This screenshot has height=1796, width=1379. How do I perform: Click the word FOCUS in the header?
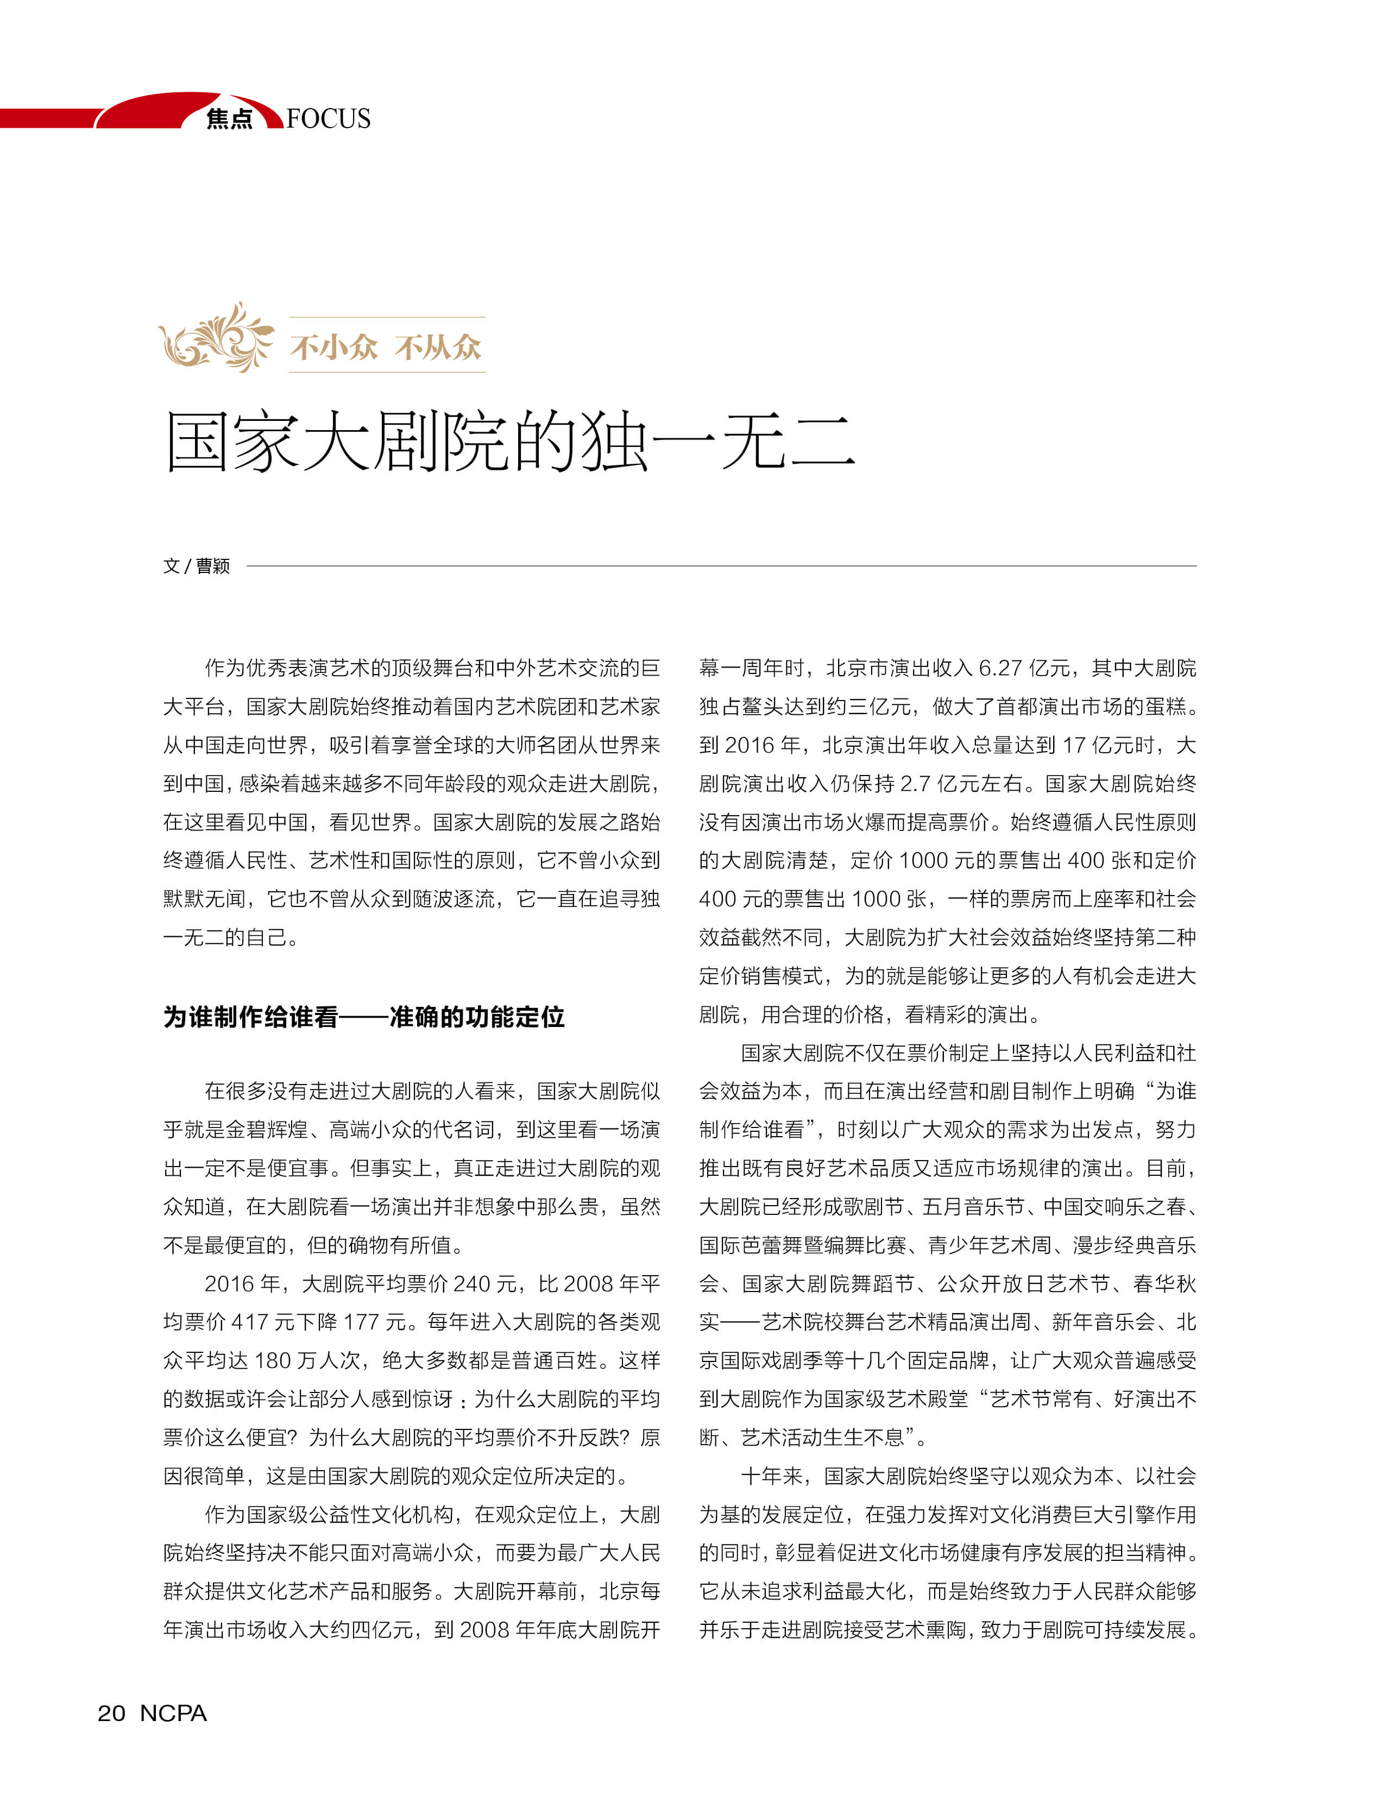click(329, 119)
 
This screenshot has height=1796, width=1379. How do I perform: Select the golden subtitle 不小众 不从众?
click(386, 347)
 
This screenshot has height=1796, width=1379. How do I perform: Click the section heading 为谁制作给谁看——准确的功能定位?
click(364, 1017)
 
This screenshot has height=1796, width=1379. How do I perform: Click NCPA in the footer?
click(173, 1713)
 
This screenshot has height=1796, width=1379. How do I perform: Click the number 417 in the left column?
click(249, 1322)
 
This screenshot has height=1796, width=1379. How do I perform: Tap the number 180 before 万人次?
click(273, 1361)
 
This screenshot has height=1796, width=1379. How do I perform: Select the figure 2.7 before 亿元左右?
click(915, 784)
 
